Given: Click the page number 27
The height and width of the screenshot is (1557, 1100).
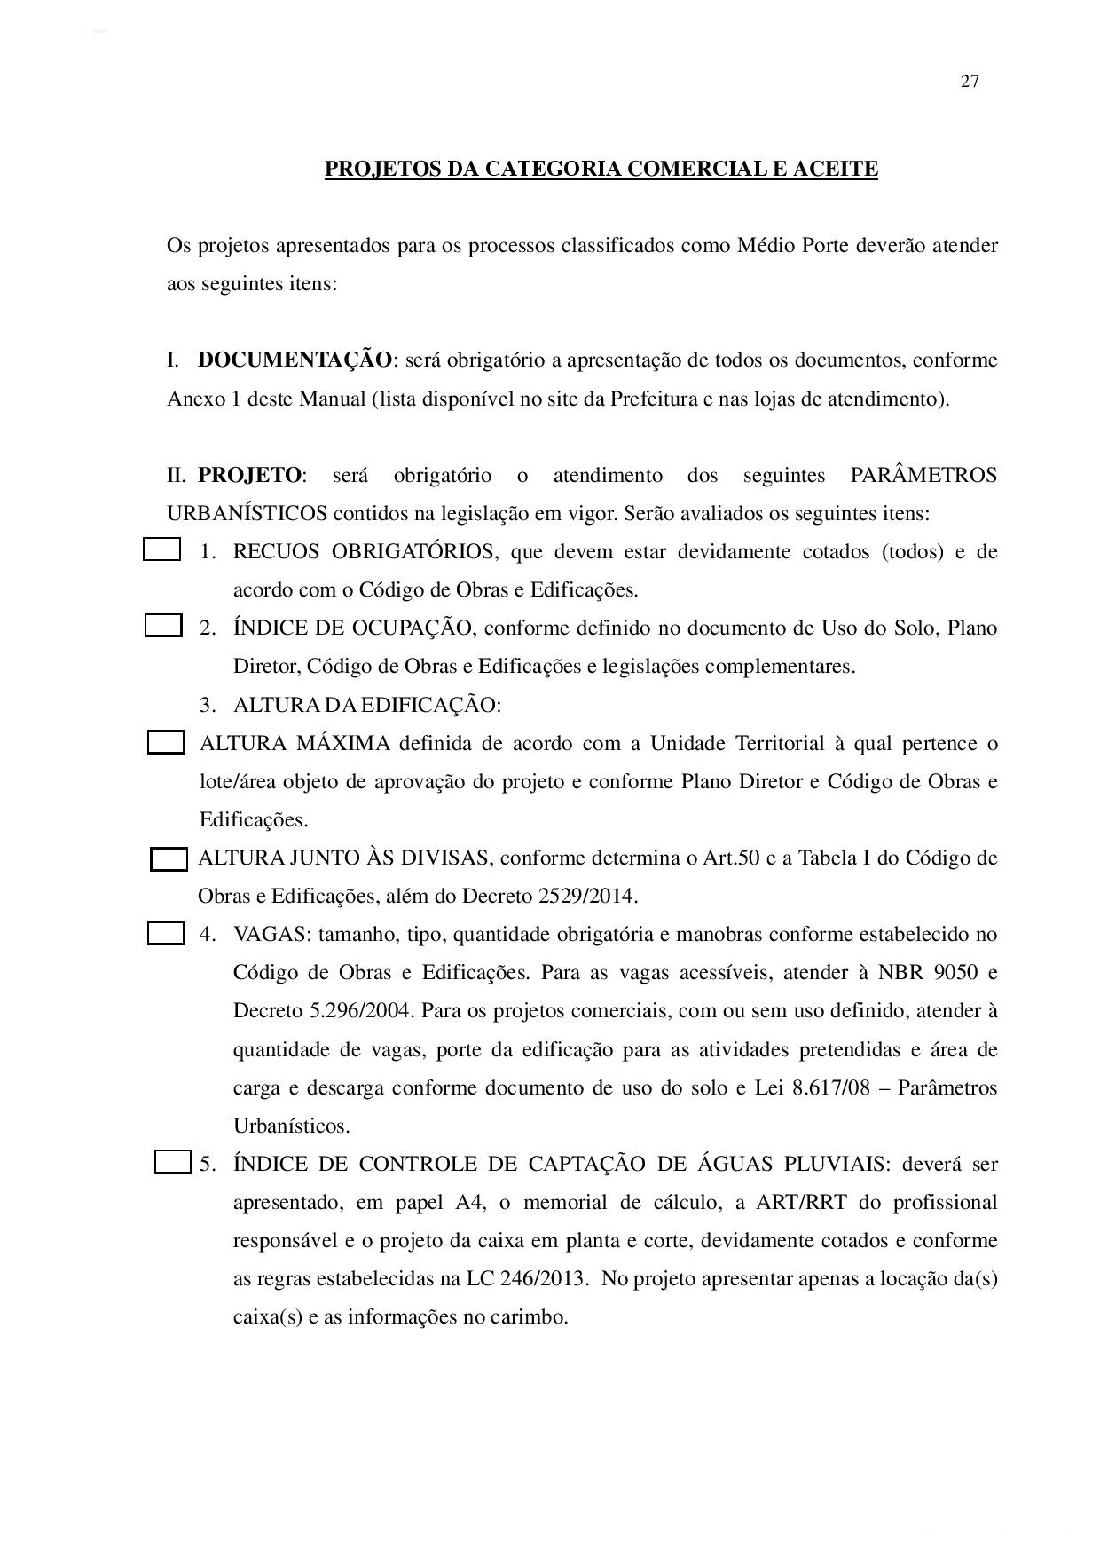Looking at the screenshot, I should coord(970,82).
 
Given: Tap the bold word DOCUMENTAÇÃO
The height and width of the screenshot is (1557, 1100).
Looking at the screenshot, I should coord(295,360).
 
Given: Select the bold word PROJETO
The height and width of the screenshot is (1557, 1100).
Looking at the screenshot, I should coord(249,475).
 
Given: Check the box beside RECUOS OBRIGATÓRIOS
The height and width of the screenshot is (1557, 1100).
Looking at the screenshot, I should coord(161,550).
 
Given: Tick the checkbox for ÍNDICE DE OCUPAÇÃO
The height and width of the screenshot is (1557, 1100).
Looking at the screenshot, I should coord(163,626).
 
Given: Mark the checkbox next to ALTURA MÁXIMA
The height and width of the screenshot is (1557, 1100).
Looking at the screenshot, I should coord(166,742).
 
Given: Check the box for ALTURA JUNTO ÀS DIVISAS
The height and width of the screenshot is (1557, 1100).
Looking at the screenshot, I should coord(169,859).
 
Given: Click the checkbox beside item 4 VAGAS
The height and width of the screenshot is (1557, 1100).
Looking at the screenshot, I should coord(166,933).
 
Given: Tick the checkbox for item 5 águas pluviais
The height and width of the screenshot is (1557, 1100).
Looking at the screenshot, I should coord(173,1161).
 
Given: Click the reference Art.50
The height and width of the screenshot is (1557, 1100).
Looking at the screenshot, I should coord(731,858).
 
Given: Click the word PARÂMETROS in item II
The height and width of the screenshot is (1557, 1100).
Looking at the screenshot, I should coord(923,475).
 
